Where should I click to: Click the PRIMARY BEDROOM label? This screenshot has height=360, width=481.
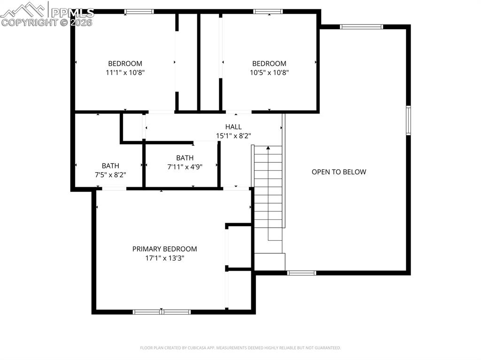(x=164, y=249)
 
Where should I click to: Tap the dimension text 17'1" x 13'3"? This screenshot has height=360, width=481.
(x=164, y=258)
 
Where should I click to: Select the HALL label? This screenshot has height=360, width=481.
(x=233, y=127)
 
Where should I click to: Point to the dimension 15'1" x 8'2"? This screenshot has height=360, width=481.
(x=233, y=136)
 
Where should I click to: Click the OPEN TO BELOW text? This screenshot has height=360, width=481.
(x=339, y=172)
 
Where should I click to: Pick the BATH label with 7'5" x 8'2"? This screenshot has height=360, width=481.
(x=110, y=166)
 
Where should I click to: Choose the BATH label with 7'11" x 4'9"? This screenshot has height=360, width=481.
(x=185, y=158)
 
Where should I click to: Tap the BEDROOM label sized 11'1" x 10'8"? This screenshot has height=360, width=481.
(x=125, y=63)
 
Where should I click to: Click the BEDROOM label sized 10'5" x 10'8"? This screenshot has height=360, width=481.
(x=269, y=63)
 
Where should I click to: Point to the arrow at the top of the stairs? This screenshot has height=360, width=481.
(x=268, y=148)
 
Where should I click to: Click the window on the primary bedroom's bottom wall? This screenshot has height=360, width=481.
(x=162, y=312)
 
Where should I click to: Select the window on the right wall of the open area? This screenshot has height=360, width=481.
(x=408, y=121)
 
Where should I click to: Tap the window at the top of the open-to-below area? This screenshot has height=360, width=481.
(x=361, y=27)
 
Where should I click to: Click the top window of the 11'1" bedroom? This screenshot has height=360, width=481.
(x=139, y=11)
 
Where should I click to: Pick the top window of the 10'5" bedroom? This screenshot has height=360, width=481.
(x=268, y=11)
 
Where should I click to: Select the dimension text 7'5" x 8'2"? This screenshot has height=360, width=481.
(x=110, y=175)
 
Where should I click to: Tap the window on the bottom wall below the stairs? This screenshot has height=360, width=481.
(x=302, y=273)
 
